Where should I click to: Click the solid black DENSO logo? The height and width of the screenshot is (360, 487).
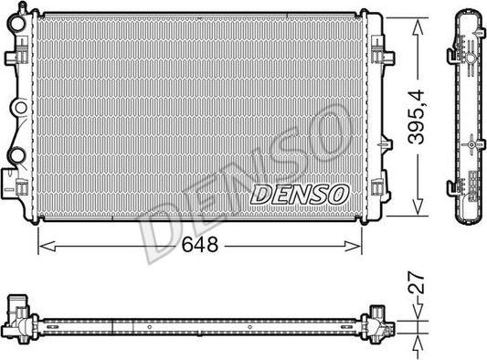pos(299,194)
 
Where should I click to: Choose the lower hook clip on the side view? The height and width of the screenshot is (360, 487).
pos(451,188)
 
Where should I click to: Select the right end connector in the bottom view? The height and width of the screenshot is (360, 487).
pos(376,322)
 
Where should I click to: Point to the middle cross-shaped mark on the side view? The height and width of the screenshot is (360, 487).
pos(470,143)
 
